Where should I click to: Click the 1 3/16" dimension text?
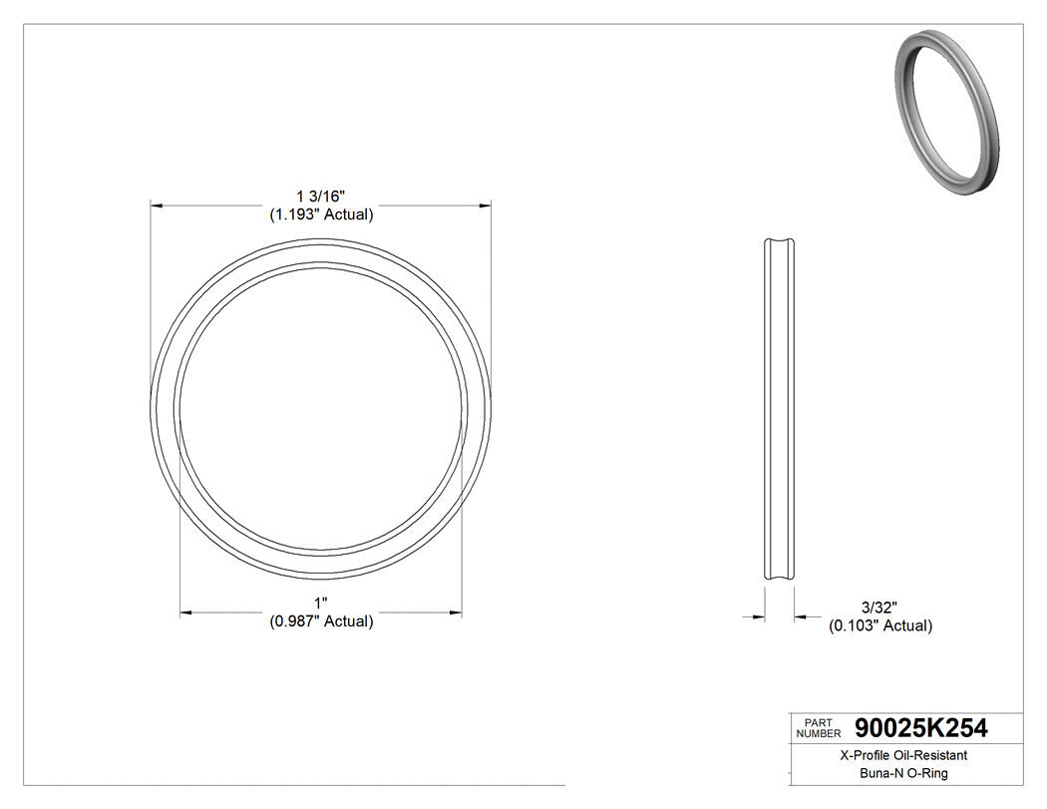[x=320, y=196]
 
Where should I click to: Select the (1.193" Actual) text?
[x=320, y=213]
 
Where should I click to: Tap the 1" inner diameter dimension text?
[x=320, y=604]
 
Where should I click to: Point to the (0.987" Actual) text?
[x=320, y=621]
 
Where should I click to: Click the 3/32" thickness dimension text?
[x=879, y=607]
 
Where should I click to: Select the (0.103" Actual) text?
[x=879, y=625]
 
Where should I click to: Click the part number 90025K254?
[x=921, y=728]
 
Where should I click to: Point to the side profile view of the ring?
[x=780, y=409]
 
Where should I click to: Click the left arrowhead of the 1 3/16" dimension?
[x=156, y=205]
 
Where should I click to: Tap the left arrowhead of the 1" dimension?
[x=184, y=612]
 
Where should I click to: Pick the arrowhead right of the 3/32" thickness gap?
[x=800, y=617]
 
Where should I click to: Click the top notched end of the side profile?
[x=780, y=242]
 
